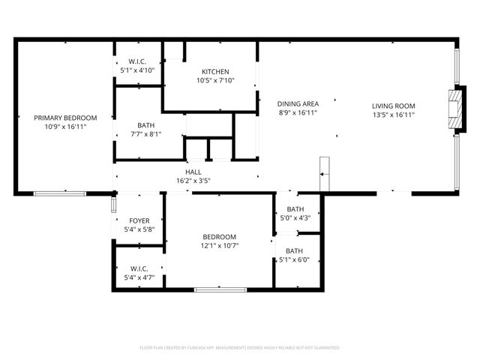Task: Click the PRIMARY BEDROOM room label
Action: point(65,118)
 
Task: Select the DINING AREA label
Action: point(298,104)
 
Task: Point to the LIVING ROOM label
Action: point(394,106)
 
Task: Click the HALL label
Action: point(193,172)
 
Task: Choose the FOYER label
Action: point(139,221)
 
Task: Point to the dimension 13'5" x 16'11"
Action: point(394,115)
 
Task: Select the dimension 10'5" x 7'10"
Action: point(216,81)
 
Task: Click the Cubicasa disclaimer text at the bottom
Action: point(240,348)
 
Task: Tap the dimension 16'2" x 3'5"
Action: point(193,181)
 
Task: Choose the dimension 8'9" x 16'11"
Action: point(298,113)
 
